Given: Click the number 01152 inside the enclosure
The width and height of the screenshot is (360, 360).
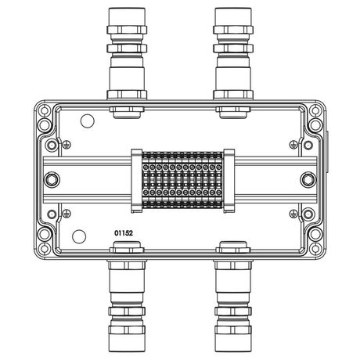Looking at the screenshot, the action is (124, 233).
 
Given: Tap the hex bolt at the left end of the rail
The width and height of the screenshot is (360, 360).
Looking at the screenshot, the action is (52, 180).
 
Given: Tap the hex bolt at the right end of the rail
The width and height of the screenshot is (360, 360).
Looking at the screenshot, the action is (308, 180).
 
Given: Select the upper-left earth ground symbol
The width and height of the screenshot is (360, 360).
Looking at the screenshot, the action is (67, 145).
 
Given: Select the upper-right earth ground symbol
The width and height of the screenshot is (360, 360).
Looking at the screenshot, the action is (293, 145).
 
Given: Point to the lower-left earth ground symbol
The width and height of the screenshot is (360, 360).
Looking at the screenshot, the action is (67, 214).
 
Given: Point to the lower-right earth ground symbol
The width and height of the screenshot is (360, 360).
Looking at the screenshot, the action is (293, 214).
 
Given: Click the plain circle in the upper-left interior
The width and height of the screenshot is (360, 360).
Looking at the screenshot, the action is (87, 121).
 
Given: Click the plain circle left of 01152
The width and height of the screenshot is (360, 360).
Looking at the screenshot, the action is (79, 236).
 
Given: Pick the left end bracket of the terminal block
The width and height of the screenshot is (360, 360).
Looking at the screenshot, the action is (137, 181).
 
